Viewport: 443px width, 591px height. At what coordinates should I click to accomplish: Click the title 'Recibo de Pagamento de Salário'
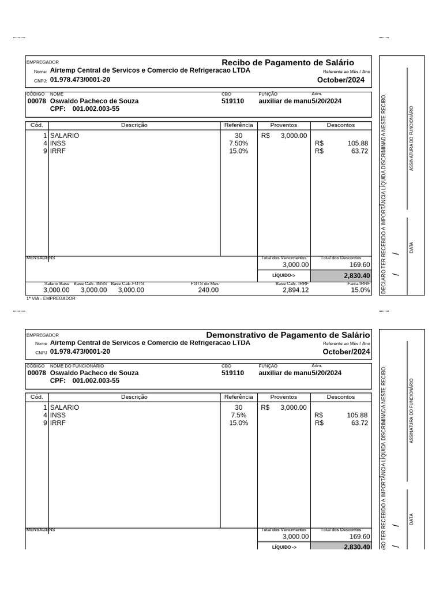pos(288,62)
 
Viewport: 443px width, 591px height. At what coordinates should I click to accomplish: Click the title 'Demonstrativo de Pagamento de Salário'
pos(288,335)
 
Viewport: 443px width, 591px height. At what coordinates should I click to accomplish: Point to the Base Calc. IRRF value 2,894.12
pos(295,290)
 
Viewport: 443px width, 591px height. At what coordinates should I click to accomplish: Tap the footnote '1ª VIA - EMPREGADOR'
pos(51,298)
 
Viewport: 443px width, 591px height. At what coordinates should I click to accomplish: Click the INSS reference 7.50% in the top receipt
pos(238,143)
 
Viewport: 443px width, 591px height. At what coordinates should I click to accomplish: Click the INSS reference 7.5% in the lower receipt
pos(238,415)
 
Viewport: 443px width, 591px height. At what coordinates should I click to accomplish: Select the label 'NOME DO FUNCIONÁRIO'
pos(77,366)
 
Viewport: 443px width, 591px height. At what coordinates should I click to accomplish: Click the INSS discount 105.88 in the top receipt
pos(357,143)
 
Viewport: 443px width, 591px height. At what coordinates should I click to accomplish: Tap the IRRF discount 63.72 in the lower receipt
pos(359,423)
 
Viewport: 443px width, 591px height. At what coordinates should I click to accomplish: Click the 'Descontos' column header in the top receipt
pos(341,125)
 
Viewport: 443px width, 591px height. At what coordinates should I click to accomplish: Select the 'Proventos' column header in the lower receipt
pos(283,397)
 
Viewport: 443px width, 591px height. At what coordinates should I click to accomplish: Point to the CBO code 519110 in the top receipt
pos(232,101)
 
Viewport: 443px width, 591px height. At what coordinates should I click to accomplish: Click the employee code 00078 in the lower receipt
pos(36,373)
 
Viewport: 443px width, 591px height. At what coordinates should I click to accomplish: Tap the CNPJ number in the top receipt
pos(80,80)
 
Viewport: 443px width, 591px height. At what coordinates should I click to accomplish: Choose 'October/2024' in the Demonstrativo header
pos(346,351)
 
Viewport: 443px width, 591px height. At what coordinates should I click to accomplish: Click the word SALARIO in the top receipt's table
pos(65,135)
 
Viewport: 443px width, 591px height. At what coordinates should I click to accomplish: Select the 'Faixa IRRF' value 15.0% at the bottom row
pos(360,290)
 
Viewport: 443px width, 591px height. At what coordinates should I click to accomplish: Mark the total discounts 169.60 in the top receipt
pos(359,265)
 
